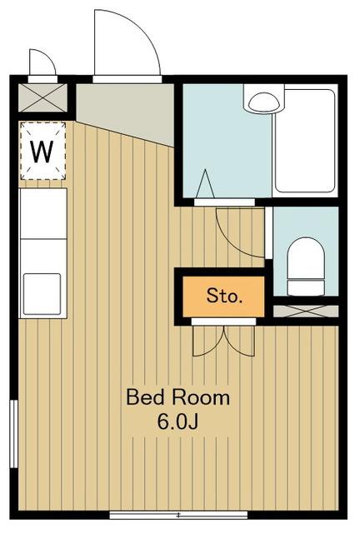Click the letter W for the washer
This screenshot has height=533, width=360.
[42, 152]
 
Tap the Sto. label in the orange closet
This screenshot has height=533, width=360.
[224, 296]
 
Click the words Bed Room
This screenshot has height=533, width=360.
[178, 397]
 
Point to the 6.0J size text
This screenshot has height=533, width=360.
[177, 421]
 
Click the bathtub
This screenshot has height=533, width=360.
[305, 141]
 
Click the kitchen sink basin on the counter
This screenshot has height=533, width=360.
[42, 294]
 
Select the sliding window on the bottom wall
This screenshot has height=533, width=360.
[178, 515]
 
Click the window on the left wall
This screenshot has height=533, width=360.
[13, 434]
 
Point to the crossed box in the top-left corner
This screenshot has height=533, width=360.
[42, 97]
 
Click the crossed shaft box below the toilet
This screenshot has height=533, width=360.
[306, 311]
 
